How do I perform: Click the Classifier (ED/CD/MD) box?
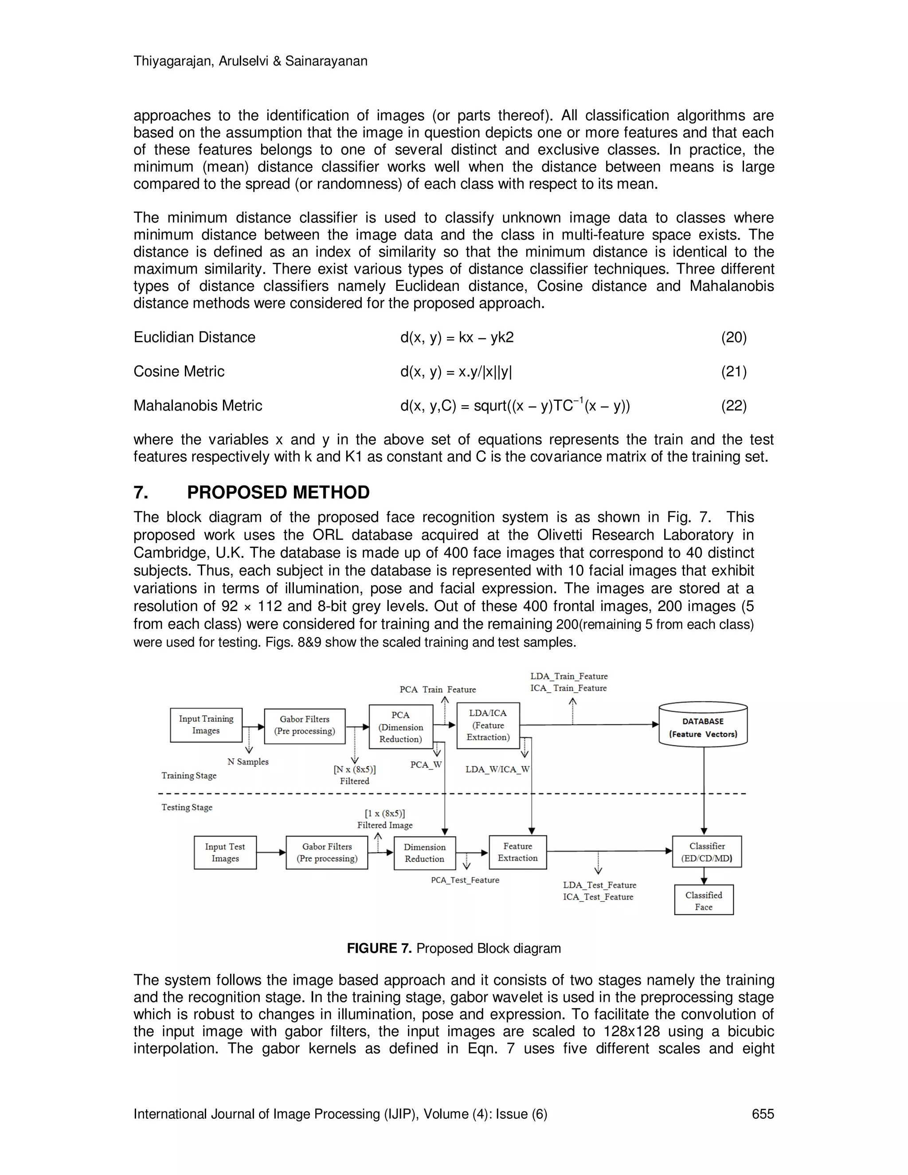tap(707, 852)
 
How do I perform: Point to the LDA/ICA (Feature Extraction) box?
tap(488, 725)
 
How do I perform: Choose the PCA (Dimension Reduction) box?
tap(401, 726)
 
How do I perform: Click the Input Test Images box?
tap(225, 852)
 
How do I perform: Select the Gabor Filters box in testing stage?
tap(326, 852)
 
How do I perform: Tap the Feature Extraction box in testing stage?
tap(517, 852)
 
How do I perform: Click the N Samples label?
tap(247, 762)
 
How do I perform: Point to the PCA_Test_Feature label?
tap(465, 880)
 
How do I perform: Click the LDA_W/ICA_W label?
tap(497, 769)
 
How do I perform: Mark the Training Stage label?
tap(189, 775)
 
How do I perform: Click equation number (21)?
tap(734, 372)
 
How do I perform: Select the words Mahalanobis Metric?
tap(197, 406)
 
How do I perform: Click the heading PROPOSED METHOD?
tap(278, 492)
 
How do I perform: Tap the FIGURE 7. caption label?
tap(379, 948)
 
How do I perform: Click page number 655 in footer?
tap(763, 1114)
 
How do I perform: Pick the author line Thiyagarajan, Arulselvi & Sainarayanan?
tap(250, 61)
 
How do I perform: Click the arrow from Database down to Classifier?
tap(704, 791)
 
